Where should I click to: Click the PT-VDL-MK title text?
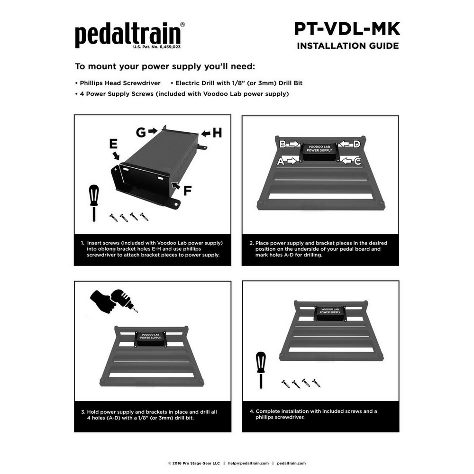pyautogui.click(x=347, y=29)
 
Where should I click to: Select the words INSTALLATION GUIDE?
pyautogui.click(x=347, y=46)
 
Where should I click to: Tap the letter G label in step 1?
pyautogui.click(x=141, y=132)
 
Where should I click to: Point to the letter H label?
pyautogui.click(x=217, y=133)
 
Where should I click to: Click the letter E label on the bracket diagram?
pyautogui.click(x=113, y=144)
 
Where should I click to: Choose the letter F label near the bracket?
pyautogui.click(x=187, y=191)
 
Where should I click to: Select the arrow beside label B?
pyautogui.click(x=294, y=144)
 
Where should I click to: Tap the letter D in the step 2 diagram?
pyautogui.click(x=356, y=144)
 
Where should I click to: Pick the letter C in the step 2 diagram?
pyautogui.click(x=357, y=161)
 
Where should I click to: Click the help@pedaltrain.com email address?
pyautogui.click(x=248, y=463)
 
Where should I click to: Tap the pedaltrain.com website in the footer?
pyautogui.click(x=291, y=463)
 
